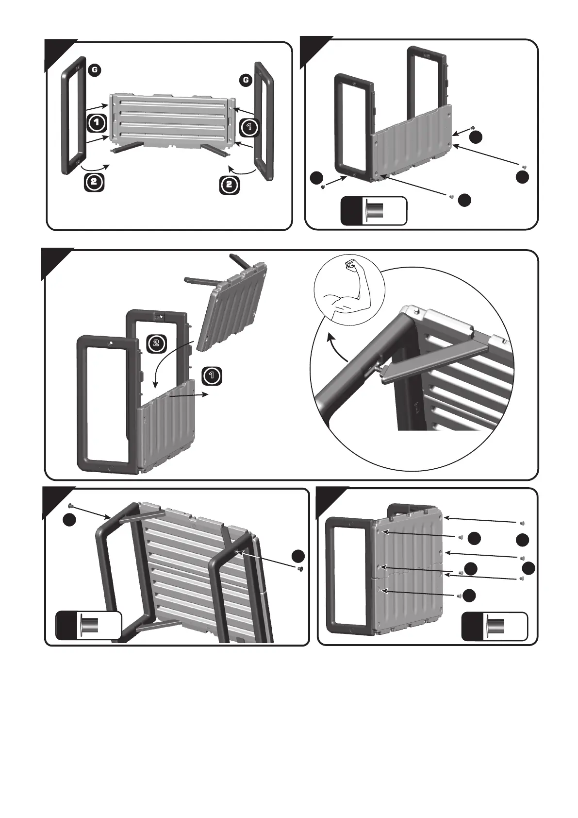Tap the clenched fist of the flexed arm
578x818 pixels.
click(x=350, y=265)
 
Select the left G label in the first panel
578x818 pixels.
click(x=95, y=69)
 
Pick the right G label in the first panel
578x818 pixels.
click(x=246, y=79)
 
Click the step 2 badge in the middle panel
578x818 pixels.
click(x=156, y=343)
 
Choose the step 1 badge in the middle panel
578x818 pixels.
click(x=212, y=375)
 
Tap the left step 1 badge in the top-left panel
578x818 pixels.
click(x=97, y=122)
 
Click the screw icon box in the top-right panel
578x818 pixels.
click(x=374, y=211)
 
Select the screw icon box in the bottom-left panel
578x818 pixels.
click(x=88, y=625)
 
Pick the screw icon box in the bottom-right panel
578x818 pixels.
click(x=495, y=627)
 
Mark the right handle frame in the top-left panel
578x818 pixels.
click(x=264, y=121)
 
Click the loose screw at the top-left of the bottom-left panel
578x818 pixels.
click(x=71, y=506)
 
